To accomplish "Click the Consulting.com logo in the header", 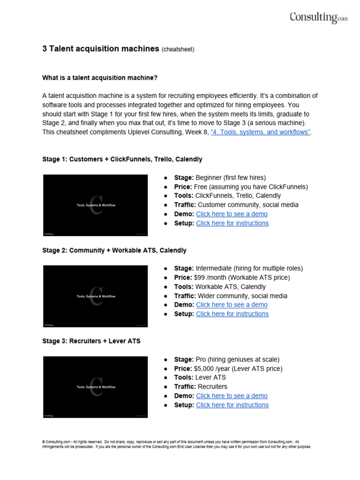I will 318,17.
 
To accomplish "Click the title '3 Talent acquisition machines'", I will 101,49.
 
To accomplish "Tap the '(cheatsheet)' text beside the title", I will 178,49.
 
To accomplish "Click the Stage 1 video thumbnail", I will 96,205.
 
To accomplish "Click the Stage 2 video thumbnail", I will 96,296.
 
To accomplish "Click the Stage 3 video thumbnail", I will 96,387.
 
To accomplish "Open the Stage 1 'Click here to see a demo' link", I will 232,214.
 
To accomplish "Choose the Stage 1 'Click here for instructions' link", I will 232,223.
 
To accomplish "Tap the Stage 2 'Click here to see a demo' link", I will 232,305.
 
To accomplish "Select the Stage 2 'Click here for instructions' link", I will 232,314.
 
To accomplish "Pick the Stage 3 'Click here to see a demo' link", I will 232,396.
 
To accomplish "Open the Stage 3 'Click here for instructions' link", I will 232,405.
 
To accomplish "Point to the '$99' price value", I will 200,277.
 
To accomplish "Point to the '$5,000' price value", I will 206,368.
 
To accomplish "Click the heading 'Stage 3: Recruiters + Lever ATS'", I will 91,341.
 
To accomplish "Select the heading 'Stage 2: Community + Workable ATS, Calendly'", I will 114,250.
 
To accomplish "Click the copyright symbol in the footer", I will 44,442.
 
